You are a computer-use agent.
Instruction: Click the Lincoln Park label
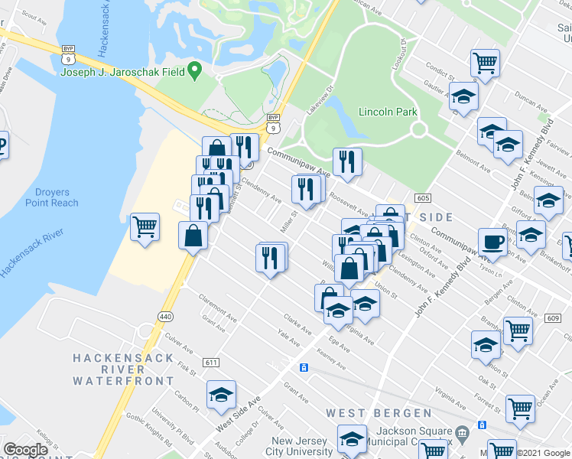pyautogui.click(x=388, y=112)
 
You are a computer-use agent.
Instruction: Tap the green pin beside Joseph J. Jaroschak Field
pyautogui.click(x=195, y=73)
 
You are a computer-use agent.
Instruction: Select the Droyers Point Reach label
pyautogui.click(x=52, y=197)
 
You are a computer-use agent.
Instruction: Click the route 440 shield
pyautogui.click(x=165, y=316)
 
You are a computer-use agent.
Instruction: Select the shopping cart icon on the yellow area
pyautogui.click(x=145, y=226)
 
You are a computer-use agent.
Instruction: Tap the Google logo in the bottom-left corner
pyautogui.click(x=25, y=450)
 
